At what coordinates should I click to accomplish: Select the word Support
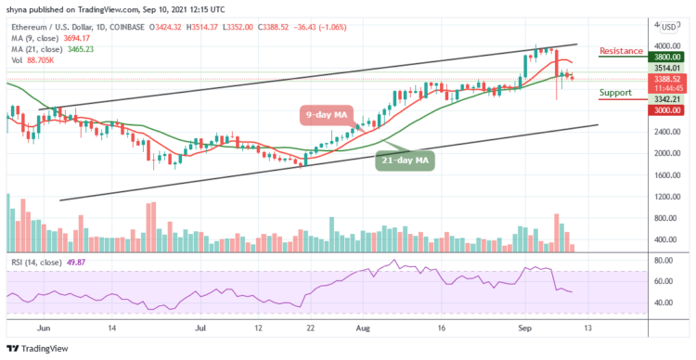pos(618,92)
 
